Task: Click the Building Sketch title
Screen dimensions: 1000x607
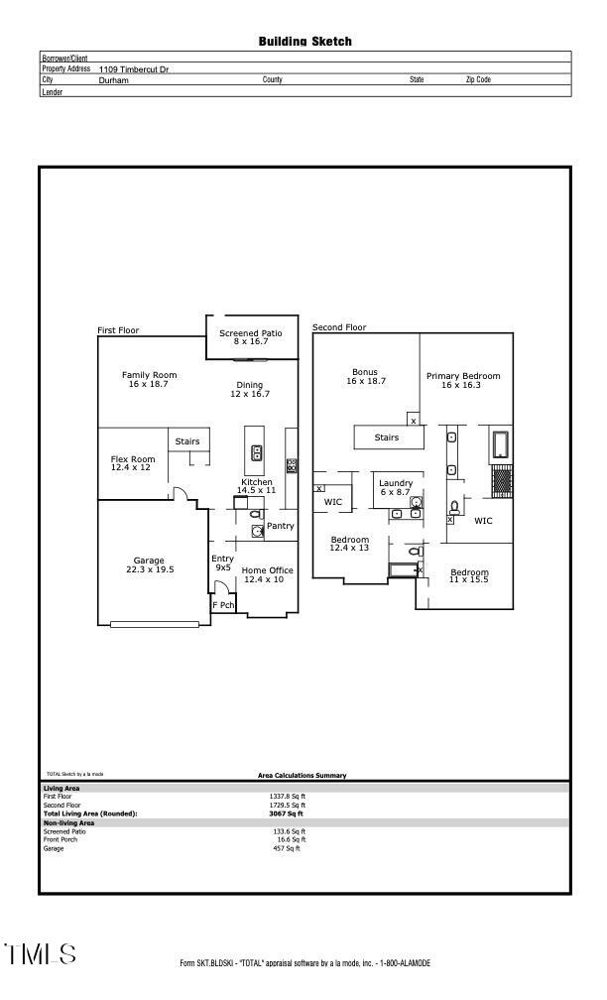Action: coord(304,42)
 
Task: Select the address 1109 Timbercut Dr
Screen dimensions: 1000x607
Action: coord(134,69)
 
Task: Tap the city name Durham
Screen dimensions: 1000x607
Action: coord(114,80)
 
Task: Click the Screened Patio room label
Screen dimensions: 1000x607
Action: coord(250,337)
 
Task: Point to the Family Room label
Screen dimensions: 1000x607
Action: coord(149,379)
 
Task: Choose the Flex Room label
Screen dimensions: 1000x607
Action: coord(132,463)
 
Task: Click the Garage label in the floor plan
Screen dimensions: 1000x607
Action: coord(149,564)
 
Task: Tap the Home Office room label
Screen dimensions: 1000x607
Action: coord(268,574)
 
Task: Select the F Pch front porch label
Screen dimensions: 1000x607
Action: coord(223,604)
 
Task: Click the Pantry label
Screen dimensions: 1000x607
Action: coord(280,526)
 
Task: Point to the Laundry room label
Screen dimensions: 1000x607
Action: coord(395,487)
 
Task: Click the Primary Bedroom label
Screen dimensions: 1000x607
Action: coord(463,380)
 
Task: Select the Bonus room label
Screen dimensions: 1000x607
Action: coord(365,377)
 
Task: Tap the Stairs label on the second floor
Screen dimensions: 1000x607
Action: coord(386,437)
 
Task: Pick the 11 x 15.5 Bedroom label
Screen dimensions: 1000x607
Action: coord(469,575)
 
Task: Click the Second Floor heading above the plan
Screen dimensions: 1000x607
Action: coord(339,327)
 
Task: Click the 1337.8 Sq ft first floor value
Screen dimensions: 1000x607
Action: coord(288,796)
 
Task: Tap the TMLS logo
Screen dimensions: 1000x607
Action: coord(40,954)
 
